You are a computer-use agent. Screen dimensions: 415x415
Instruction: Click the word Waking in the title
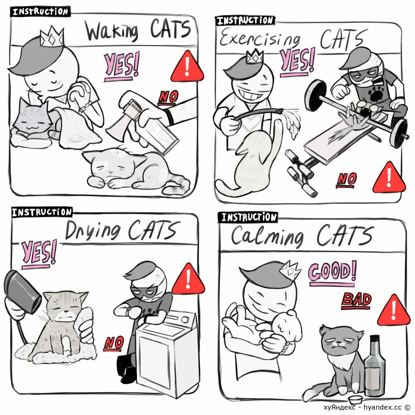click(112, 32)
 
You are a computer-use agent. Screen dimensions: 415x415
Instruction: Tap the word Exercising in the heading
click(260, 38)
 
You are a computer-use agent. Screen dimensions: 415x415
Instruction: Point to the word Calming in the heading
click(267, 237)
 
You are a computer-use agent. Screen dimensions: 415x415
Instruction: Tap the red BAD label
click(356, 300)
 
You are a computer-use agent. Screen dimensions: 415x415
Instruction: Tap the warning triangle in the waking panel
click(187, 66)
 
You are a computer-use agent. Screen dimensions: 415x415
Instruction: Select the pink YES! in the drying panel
click(39, 253)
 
